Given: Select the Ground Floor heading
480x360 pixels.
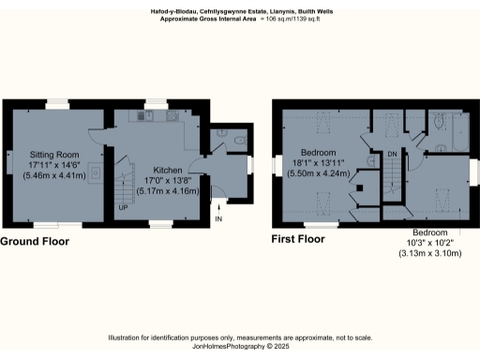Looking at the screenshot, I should click(x=35, y=241).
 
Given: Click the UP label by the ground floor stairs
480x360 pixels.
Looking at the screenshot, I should click(x=123, y=207).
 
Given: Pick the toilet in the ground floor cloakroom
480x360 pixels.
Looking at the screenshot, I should click(x=239, y=142).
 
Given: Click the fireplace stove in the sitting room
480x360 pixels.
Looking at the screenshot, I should click(x=95, y=177).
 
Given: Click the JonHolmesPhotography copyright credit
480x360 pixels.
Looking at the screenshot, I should click(x=239, y=346).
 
